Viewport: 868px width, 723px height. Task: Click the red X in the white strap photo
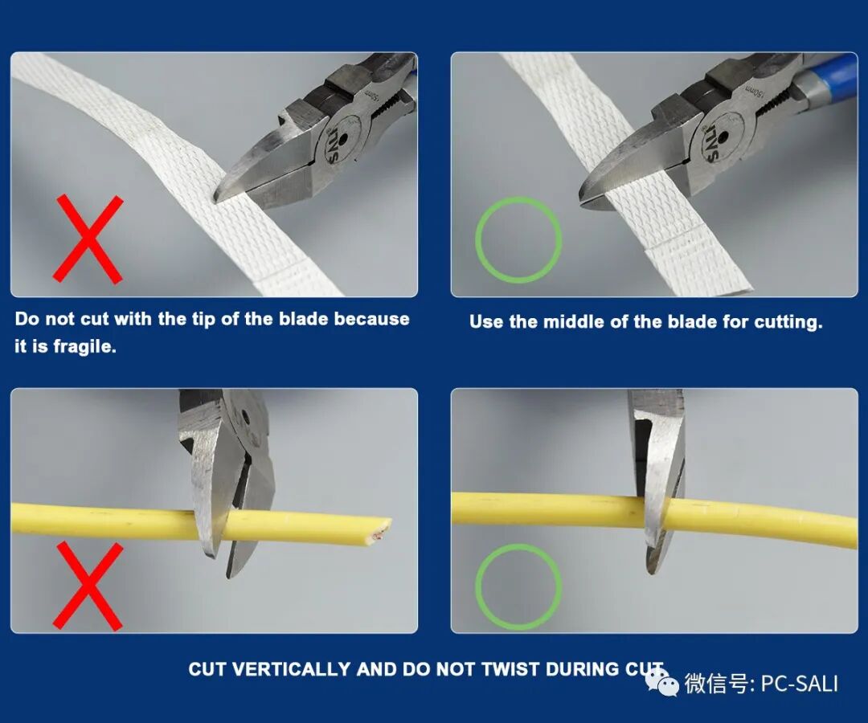point(88,239)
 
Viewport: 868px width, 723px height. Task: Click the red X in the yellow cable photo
point(88,586)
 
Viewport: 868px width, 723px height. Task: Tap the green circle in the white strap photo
point(518,199)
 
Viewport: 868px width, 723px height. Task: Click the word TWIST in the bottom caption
point(510,669)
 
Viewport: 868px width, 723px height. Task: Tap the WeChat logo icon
point(661,681)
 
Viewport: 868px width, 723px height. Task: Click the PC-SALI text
point(800,684)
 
